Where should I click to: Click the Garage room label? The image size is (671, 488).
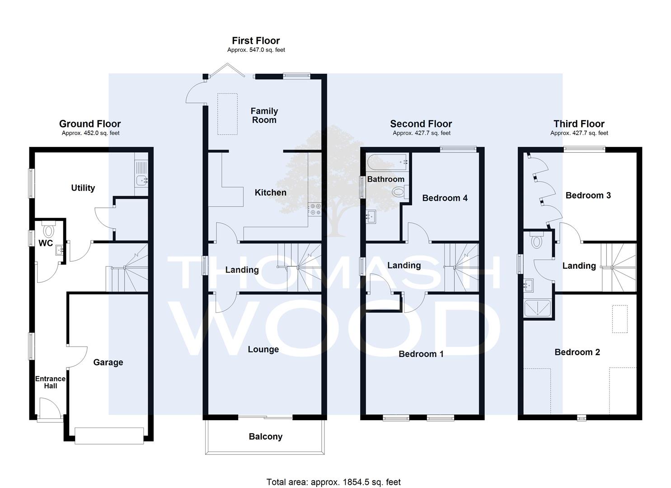108,362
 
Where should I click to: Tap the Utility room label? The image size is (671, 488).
83,188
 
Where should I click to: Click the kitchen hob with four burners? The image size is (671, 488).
315,209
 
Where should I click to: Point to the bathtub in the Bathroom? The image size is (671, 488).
387,162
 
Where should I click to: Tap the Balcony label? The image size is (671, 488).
265,436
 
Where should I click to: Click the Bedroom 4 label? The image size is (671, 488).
445,198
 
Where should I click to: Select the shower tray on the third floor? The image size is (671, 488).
537,308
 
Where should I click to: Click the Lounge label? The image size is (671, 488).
263,349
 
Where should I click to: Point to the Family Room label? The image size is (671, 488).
264,116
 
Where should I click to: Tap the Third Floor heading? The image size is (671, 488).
579,124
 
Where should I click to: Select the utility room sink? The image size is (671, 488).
142,180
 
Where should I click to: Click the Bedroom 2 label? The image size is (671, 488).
577,352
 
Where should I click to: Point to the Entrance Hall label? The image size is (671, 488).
50,382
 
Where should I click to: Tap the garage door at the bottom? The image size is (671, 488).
109,436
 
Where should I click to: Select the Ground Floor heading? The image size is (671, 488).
90,124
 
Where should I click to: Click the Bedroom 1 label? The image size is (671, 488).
421,354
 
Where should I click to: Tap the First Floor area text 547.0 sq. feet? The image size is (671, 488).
256,50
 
